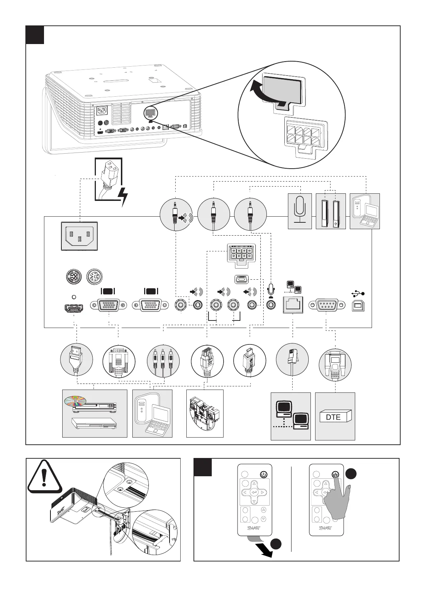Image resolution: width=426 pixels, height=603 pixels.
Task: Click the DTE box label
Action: [x=333, y=417]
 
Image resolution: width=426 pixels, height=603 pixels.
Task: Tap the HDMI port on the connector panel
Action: [x=74, y=307]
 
